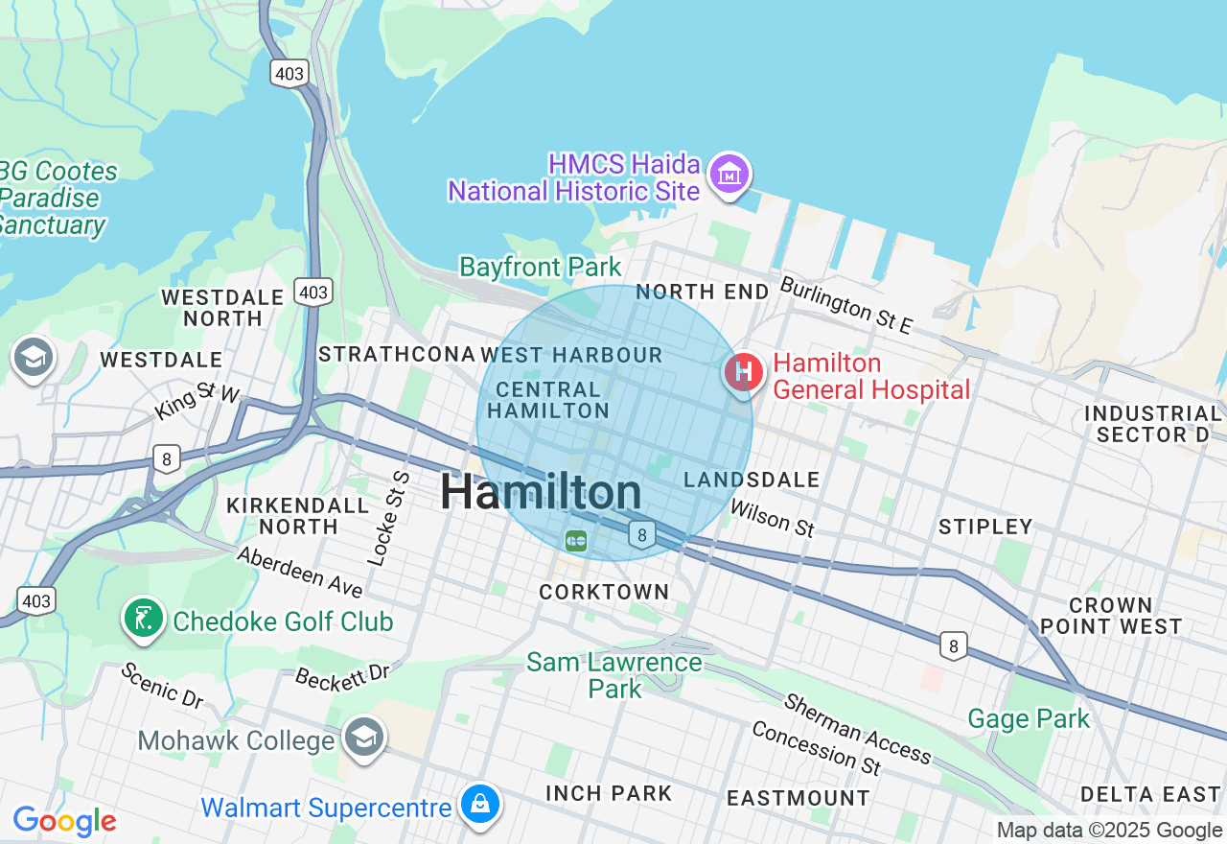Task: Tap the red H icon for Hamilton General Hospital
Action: pos(743,372)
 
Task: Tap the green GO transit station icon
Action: pos(575,541)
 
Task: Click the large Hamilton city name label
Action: pos(541,493)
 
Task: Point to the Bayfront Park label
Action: pos(541,267)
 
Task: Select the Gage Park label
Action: pos(1029,718)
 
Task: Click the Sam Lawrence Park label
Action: pos(614,675)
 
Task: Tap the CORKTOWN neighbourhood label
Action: pos(604,592)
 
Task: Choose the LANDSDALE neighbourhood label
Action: pos(752,480)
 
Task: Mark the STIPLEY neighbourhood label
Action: pos(985,527)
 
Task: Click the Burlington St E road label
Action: pos(845,305)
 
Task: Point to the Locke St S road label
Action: pos(388,518)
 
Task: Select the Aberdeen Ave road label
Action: pos(299,572)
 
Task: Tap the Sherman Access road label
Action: pos(857,728)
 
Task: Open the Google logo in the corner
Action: pos(64,822)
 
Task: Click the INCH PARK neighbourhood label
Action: pos(609,793)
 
